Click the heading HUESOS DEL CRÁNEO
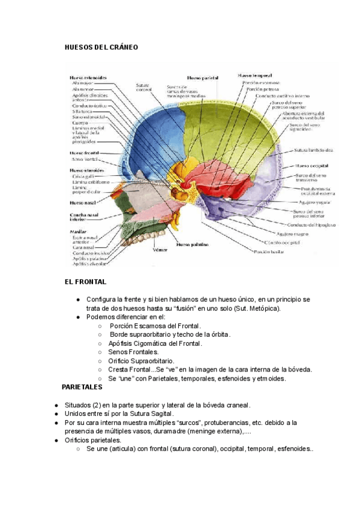[x=101, y=46]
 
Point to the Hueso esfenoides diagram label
[x=89, y=77]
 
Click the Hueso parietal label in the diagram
[x=203, y=78]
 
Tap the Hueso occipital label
[x=310, y=165]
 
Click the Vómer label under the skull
[x=158, y=250]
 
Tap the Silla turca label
[x=81, y=111]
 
